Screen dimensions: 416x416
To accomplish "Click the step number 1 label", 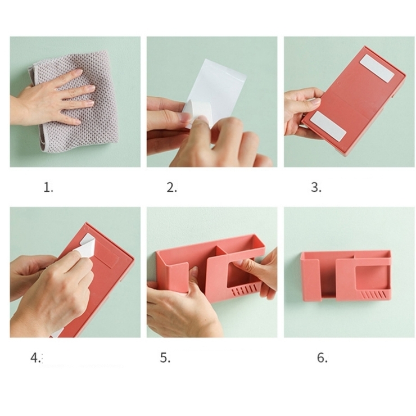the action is pyautogui.click(x=48, y=188).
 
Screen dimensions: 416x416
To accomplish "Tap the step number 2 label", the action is pyautogui.click(x=171, y=188).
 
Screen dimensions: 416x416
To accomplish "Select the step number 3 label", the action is pyautogui.click(x=316, y=188).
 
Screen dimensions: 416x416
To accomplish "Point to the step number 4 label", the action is pyautogui.click(x=35, y=358).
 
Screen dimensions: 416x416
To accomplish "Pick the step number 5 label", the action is pyautogui.click(x=165, y=358).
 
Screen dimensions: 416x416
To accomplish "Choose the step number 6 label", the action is pyautogui.click(x=322, y=358).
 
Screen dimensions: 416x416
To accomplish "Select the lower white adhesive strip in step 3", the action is pyautogui.click(x=328, y=126).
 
